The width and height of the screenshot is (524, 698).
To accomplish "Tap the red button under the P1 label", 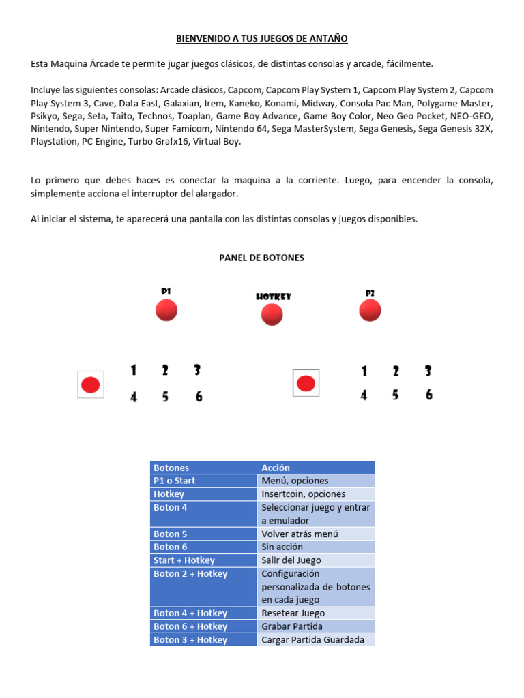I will [x=166, y=310].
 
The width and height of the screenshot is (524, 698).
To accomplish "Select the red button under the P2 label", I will [x=370, y=311].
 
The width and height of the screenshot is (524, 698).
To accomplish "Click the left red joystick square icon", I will [x=91, y=384].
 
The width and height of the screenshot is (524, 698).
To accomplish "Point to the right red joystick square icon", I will [x=306, y=383].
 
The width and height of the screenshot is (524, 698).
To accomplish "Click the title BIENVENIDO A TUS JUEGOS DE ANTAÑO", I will [x=262, y=39].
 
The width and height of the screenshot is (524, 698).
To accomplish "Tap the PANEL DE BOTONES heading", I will [x=261, y=258].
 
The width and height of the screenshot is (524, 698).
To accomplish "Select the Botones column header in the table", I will [x=172, y=468].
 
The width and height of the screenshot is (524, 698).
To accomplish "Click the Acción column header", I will [x=276, y=468].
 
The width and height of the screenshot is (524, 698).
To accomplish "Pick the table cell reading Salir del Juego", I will [x=291, y=560].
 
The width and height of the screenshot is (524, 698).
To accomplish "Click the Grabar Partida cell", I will [x=292, y=626].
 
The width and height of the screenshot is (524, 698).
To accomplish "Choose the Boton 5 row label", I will [x=171, y=534].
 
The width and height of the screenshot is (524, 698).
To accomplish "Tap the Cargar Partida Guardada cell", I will [x=312, y=640].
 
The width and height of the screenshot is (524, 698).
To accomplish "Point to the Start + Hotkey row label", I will [x=184, y=560].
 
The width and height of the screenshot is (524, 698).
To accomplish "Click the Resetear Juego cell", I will [x=293, y=613].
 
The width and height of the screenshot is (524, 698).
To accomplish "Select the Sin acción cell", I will [x=282, y=547].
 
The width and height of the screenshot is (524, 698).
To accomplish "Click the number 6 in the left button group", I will [x=199, y=396].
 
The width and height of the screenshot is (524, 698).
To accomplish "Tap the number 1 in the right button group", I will [x=364, y=371].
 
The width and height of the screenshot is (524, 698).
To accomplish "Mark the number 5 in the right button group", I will [x=396, y=395].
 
